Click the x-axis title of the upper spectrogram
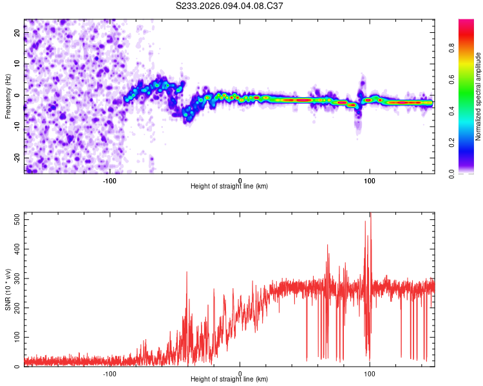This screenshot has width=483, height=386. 229,187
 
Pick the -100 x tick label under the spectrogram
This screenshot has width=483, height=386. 109,180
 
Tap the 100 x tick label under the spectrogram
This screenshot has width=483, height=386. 370,180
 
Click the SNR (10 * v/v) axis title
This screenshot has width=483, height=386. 8,289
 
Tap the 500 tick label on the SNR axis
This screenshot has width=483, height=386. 15,219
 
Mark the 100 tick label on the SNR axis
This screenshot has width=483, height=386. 15,337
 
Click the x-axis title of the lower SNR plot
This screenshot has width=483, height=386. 229,380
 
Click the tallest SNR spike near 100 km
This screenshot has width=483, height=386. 370,216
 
